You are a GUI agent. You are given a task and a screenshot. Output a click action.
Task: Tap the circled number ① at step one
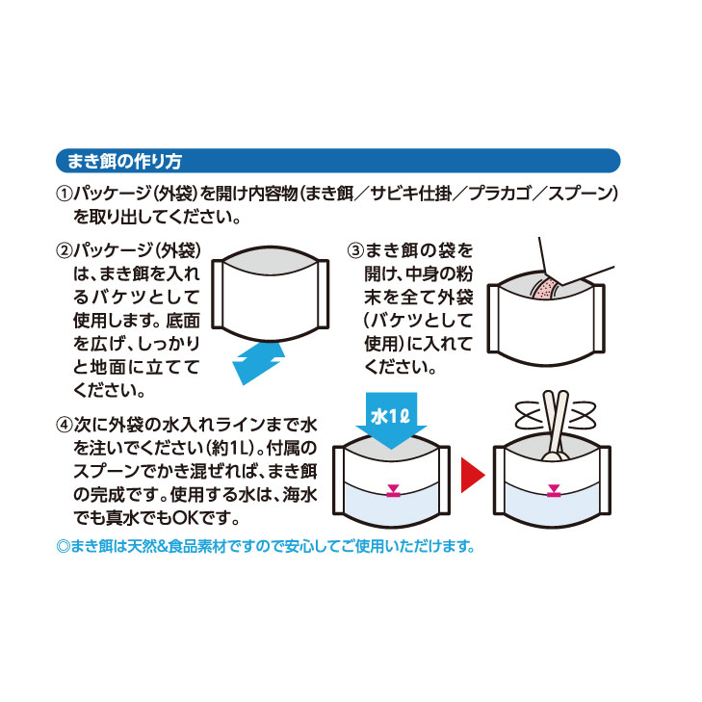tap(65, 194)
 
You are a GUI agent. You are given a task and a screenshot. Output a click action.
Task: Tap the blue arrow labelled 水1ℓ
tap(391, 425)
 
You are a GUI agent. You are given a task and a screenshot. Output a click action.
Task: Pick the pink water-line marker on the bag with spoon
tap(551, 492)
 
